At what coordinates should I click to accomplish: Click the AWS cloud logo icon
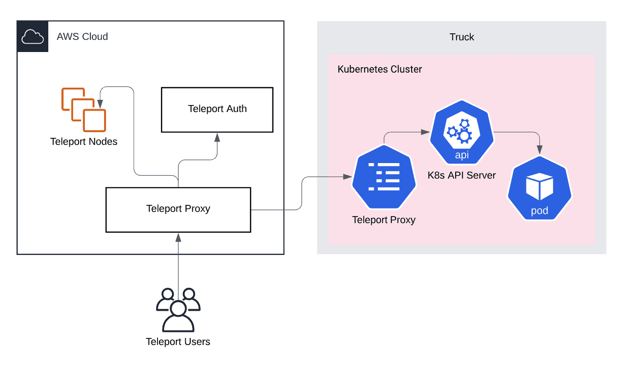point(32,36)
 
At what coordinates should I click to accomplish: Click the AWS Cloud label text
point(82,37)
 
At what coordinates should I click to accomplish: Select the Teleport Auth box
point(217,109)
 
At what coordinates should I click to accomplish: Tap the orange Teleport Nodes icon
point(83,109)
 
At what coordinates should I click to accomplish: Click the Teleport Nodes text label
point(84,142)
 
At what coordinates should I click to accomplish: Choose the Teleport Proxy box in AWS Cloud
point(178,209)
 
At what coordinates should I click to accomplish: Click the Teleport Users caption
point(178,342)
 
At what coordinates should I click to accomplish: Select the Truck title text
point(462,37)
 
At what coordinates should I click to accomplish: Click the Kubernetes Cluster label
point(380,69)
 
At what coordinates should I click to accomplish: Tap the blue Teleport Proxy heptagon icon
point(383,177)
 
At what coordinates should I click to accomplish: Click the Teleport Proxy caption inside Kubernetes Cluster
point(384,219)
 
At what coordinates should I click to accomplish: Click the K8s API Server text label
point(462,176)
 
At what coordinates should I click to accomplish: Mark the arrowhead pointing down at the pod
point(540,150)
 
